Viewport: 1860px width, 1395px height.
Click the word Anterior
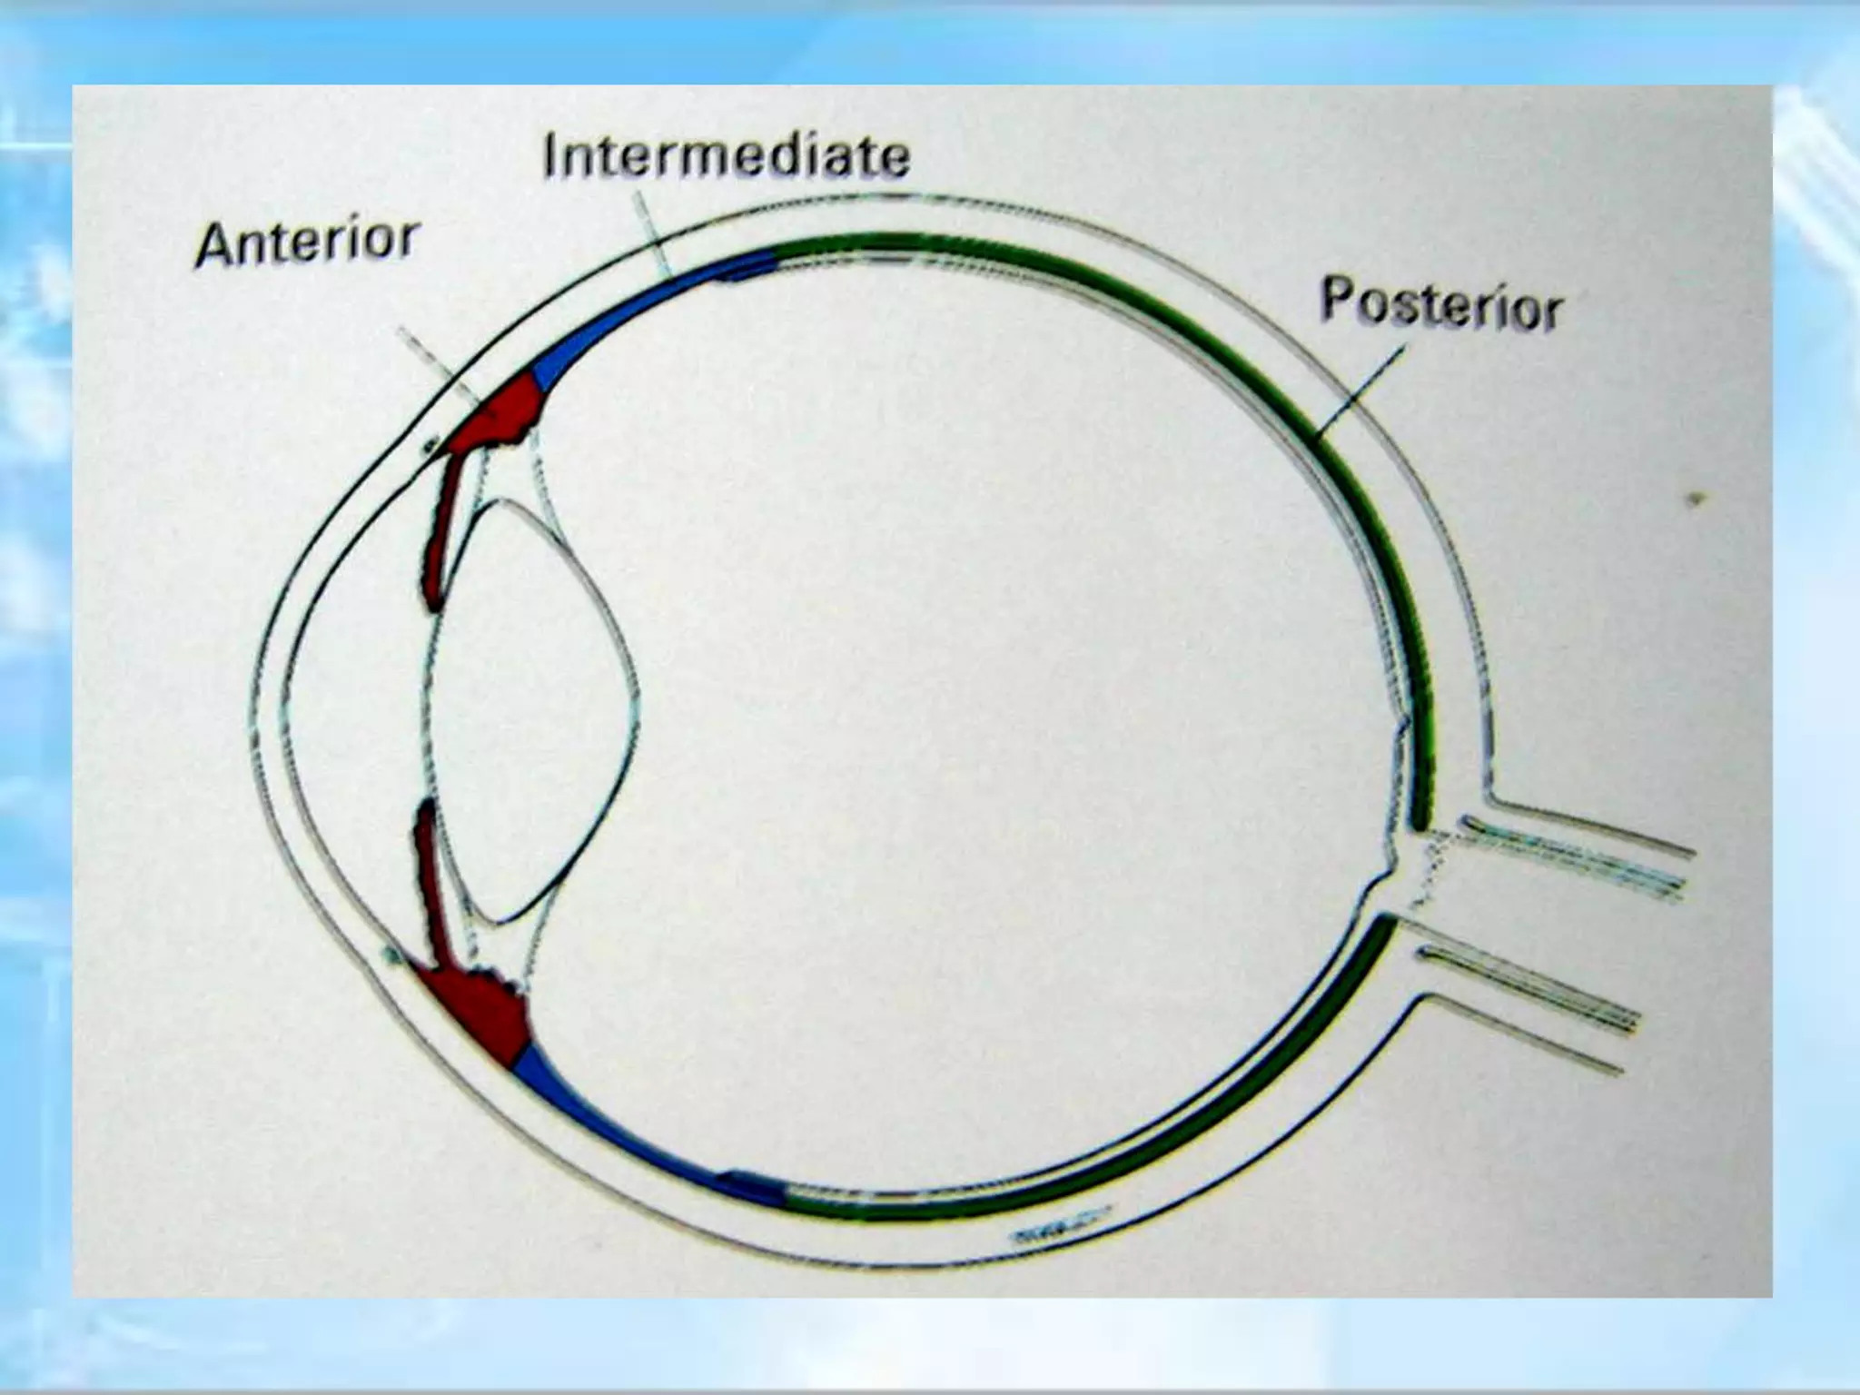pos(307,242)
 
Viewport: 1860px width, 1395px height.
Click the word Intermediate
pos(726,156)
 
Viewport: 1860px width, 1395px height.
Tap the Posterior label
pos(1440,303)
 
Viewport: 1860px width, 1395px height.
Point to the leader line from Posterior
pos(1362,391)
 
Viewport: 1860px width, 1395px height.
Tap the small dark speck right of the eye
pos(1695,499)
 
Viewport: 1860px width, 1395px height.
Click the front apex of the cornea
pos(252,717)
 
